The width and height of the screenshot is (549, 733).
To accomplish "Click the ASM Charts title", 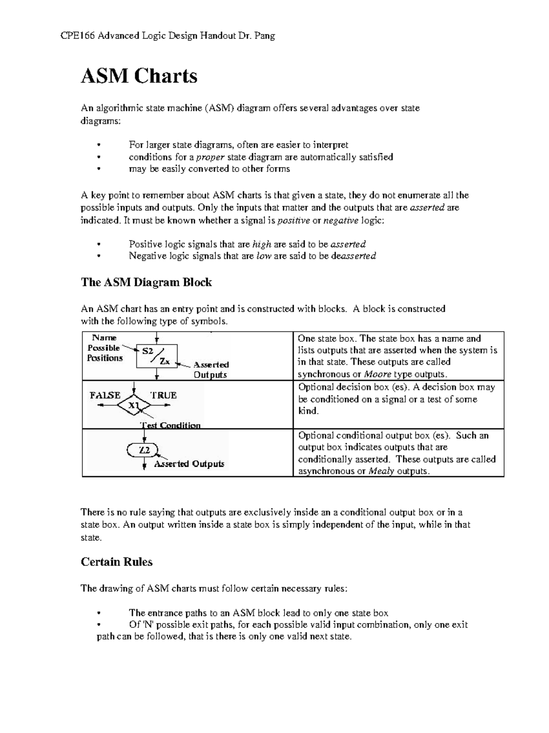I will click(139, 76).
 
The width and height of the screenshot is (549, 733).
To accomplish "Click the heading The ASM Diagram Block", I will click(146, 282).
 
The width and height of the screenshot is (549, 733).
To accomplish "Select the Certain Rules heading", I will click(117, 562).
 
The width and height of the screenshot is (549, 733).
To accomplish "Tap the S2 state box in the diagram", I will click(156, 356).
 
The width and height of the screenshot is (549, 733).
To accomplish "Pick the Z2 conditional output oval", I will click(144, 450).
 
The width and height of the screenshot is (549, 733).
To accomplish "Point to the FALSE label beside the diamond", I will click(105, 395).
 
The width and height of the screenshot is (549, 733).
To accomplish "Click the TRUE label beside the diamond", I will click(163, 395).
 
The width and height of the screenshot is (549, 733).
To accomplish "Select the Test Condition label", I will click(170, 426).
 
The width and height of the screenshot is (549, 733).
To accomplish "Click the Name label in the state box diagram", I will click(104, 338).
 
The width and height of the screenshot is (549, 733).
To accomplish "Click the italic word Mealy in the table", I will click(381, 471).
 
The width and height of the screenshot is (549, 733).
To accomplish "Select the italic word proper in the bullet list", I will click(210, 157).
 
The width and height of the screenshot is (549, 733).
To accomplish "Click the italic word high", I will click(262, 244).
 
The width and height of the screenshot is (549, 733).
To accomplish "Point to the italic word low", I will click(264, 256).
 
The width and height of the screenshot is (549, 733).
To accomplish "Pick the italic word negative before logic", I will click(341, 220).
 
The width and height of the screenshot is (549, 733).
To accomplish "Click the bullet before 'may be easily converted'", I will click(98, 169).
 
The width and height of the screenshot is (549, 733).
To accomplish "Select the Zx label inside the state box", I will click(165, 361).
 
